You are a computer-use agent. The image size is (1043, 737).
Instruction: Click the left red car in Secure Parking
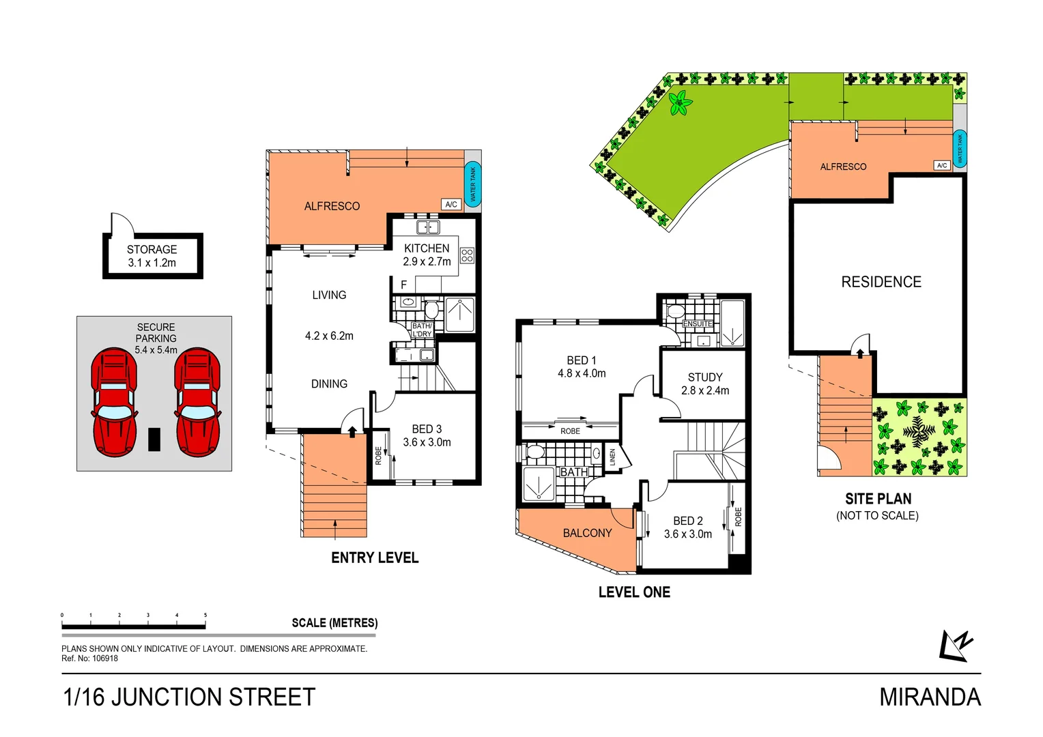[x=114, y=402]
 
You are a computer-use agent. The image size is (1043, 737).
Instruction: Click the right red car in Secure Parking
[x=197, y=402]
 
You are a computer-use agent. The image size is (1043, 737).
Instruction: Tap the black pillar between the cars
[x=154, y=439]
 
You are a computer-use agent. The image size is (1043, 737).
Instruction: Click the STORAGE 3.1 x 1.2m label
[x=152, y=256]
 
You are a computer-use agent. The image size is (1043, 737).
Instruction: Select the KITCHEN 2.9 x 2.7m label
[x=427, y=255]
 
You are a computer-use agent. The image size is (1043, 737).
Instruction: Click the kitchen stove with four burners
[x=467, y=255]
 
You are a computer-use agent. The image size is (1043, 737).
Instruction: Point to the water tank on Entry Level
[x=472, y=184]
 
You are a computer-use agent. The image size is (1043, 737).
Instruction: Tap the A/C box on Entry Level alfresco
[x=451, y=204]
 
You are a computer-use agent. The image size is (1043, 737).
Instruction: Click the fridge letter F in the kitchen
[x=403, y=285]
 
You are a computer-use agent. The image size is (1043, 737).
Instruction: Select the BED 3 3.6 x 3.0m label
[x=427, y=435]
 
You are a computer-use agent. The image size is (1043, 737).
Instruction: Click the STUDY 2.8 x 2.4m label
[x=705, y=384]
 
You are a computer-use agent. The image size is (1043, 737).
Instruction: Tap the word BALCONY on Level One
[x=587, y=533]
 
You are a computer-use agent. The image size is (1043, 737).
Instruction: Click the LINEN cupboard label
[x=613, y=457]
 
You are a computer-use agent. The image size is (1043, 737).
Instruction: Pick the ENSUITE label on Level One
[x=698, y=323]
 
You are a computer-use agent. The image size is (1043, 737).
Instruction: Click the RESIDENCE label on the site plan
[x=881, y=282]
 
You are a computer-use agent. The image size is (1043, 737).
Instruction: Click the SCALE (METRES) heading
[x=334, y=622]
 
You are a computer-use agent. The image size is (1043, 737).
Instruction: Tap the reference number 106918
[x=105, y=659]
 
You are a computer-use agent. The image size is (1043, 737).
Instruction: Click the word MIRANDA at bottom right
[x=930, y=697]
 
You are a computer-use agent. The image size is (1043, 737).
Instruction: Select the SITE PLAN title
[x=878, y=499]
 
